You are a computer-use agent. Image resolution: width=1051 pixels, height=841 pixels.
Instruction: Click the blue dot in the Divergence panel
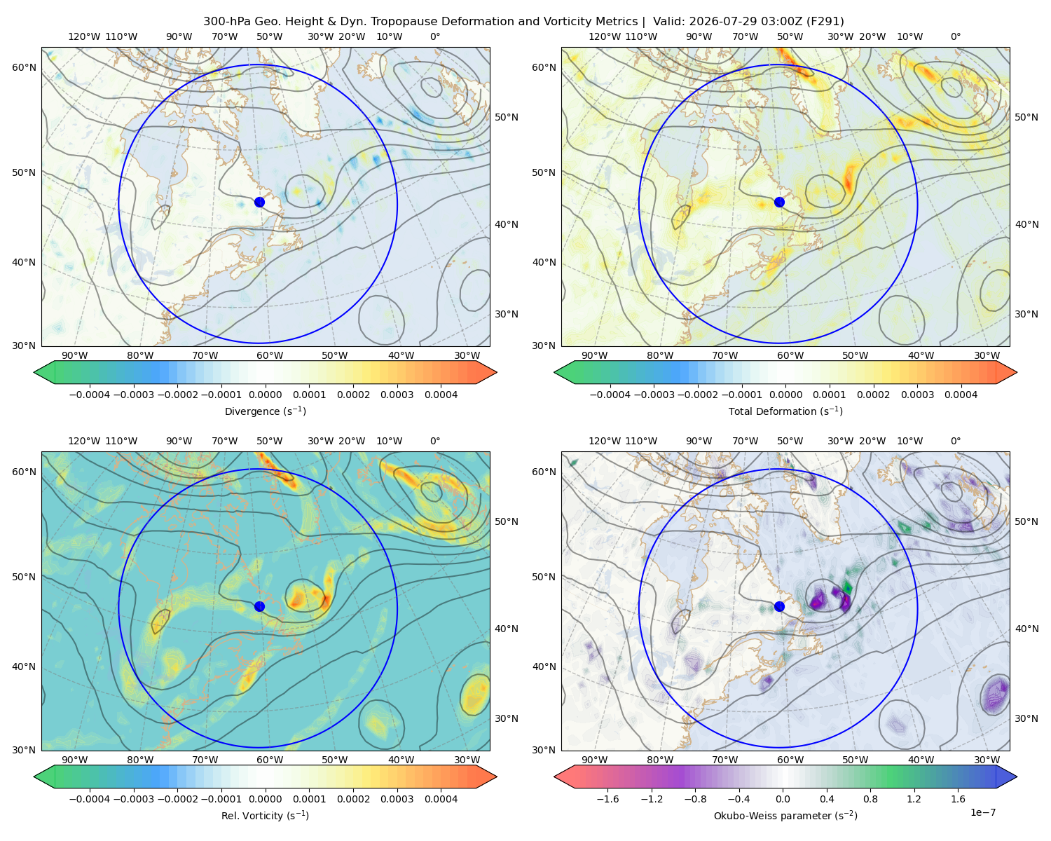click(259, 202)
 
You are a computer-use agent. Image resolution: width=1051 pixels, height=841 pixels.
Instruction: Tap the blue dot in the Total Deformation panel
click(779, 202)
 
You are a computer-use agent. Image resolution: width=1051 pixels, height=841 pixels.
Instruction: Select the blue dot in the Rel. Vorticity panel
click(259, 606)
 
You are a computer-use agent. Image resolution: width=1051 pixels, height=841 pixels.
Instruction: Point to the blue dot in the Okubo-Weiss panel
click(779, 606)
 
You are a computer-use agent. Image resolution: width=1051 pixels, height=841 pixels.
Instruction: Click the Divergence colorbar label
click(265, 411)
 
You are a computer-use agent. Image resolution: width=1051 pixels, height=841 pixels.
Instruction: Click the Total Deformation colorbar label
click(785, 411)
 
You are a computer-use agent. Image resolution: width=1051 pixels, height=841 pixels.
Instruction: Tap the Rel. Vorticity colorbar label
click(265, 815)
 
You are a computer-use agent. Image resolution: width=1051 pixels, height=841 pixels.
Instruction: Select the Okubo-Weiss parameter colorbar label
click(785, 815)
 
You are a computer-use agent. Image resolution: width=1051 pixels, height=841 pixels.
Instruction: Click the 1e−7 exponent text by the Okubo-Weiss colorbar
click(982, 812)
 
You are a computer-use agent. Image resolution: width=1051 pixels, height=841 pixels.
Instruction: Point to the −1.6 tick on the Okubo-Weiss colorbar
click(607, 799)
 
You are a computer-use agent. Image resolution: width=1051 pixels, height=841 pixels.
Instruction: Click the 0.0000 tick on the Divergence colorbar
click(265, 395)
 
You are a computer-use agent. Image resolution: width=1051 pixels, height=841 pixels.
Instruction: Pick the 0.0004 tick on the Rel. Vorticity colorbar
click(441, 799)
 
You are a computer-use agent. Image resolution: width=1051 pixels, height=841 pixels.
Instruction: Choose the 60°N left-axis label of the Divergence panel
click(24, 67)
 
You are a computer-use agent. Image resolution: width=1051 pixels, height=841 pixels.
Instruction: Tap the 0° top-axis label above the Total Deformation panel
click(955, 36)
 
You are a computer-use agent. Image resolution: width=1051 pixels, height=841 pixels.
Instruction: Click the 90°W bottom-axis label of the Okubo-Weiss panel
click(594, 760)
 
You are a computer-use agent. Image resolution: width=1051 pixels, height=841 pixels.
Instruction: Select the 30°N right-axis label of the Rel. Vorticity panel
click(507, 718)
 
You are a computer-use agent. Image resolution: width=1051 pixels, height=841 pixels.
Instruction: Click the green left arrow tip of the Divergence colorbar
click(34, 372)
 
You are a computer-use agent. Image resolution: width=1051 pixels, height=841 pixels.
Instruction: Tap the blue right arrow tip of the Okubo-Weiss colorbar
click(1016, 777)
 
